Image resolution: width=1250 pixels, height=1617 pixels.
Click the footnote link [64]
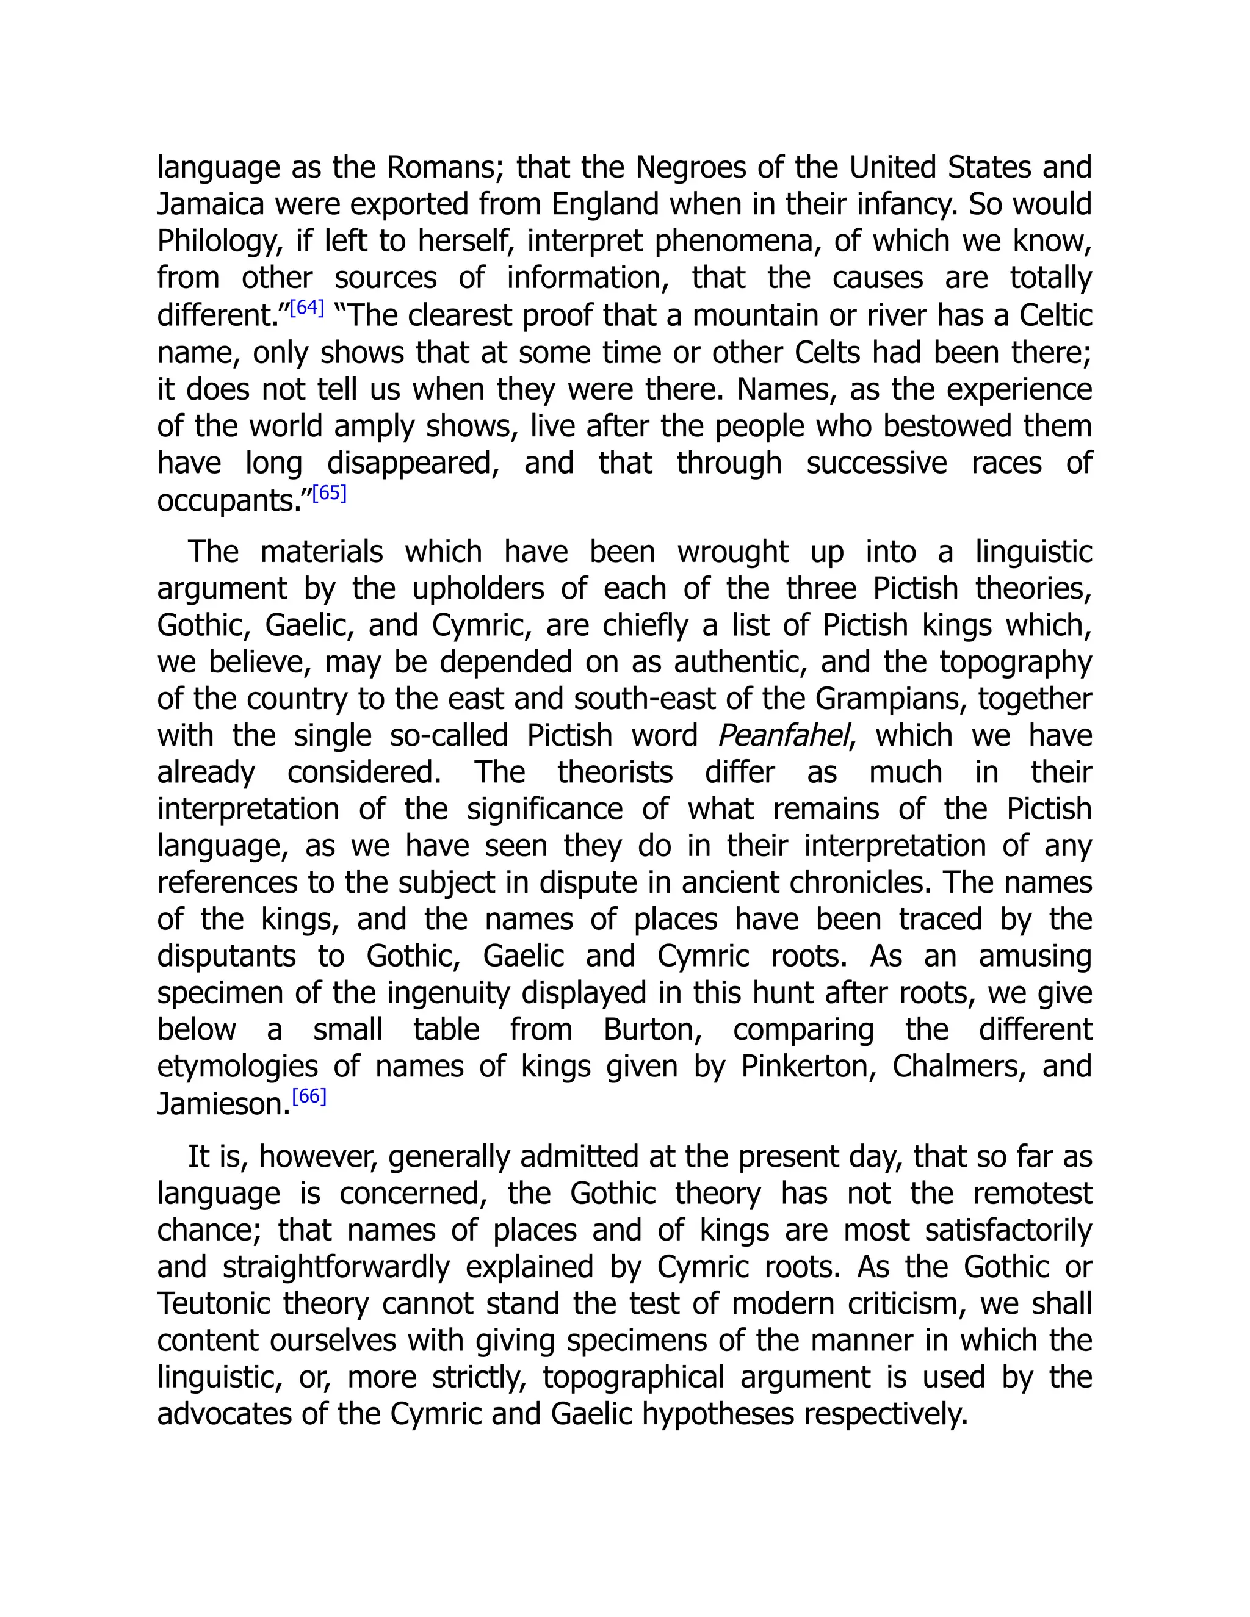pyautogui.click(x=306, y=308)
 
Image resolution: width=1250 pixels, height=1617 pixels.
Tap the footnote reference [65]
pyautogui.click(x=330, y=493)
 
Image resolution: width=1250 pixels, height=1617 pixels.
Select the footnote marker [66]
pyautogui.click(x=309, y=1097)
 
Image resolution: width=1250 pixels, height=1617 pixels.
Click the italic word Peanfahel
pyautogui.click(x=782, y=736)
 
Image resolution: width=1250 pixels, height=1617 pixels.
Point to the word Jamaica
pyautogui.click(x=211, y=204)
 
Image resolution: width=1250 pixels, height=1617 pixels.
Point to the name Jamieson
pyautogui.click(x=222, y=1104)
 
